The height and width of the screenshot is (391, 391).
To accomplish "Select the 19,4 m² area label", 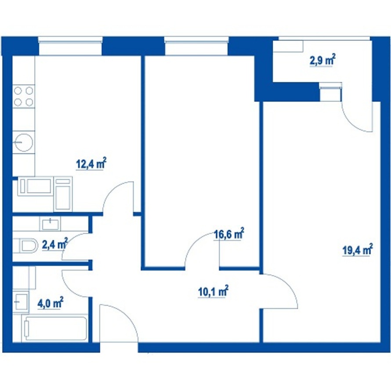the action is pyautogui.click(x=358, y=250).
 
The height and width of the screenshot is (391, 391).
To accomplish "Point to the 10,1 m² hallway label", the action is pyautogui.click(x=213, y=291).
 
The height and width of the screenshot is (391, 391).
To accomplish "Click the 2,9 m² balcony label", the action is pyautogui.click(x=322, y=60).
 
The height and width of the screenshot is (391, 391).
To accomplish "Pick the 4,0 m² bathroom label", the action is pyautogui.click(x=50, y=303).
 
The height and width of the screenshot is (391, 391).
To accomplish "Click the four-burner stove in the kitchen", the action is pyautogui.click(x=24, y=96).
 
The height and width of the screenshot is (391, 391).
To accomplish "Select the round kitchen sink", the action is pyautogui.click(x=24, y=142).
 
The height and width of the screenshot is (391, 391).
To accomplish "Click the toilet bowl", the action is pyautogui.click(x=25, y=246).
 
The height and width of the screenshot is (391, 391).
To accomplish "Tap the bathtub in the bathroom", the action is pyautogui.click(x=54, y=328).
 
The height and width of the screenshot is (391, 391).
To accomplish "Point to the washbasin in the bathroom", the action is pyautogui.click(x=21, y=302).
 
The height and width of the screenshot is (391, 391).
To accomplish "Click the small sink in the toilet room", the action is pyautogui.click(x=50, y=224).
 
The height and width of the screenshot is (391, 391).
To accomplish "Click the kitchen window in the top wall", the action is pyautogui.click(x=71, y=46).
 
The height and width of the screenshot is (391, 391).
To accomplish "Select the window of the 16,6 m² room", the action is pyautogui.click(x=196, y=46).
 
